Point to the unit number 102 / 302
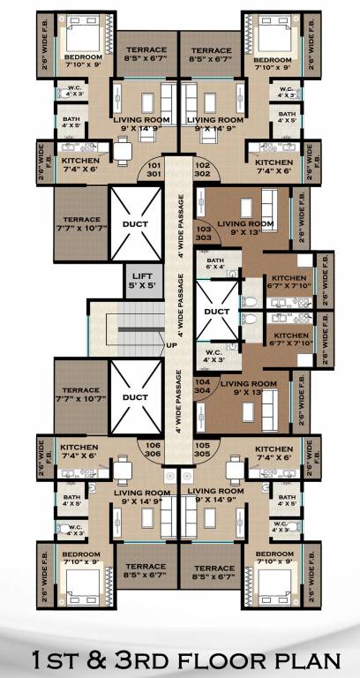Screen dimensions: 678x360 click(x=201, y=169)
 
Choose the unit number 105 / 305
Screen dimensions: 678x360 click(x=201, y=450)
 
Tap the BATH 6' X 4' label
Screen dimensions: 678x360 click(x=215, y=263)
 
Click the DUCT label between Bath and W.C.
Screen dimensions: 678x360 click(x=216, y=312)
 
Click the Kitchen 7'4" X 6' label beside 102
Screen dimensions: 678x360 click(x=274, y=167)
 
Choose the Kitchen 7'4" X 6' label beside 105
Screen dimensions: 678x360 click(x=274, y=452)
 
